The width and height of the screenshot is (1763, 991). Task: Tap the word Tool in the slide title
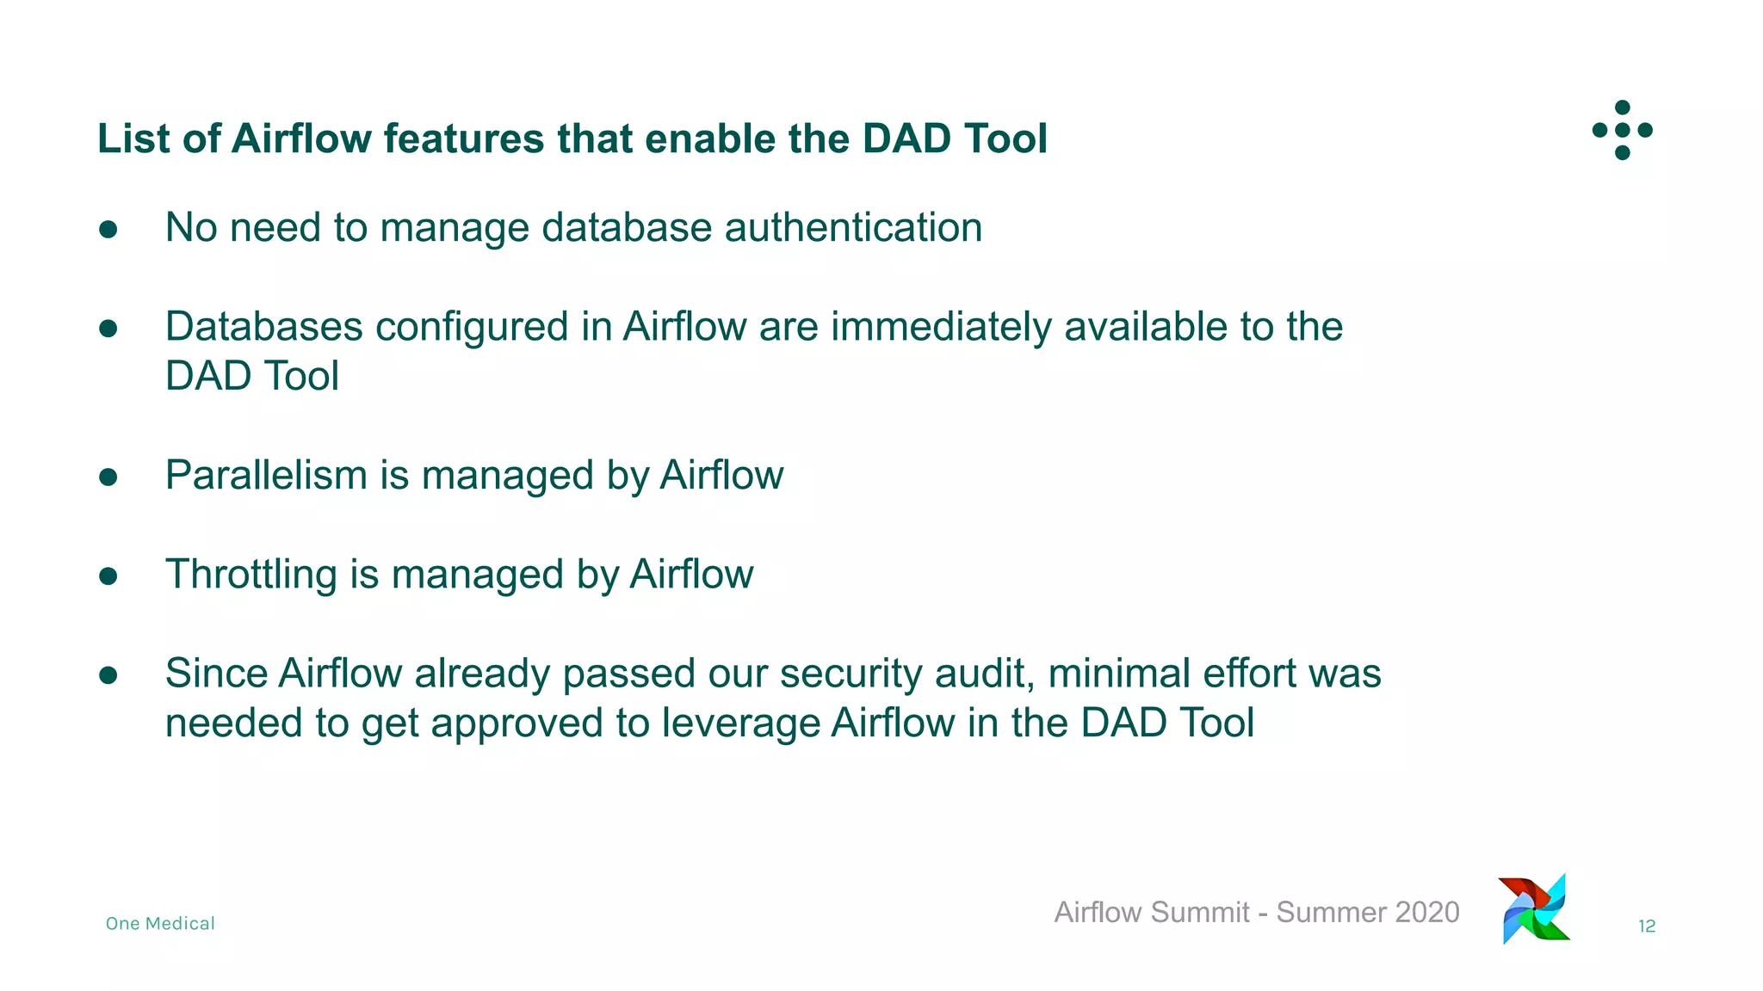point(1005,138)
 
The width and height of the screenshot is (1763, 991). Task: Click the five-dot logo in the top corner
point(1622,130)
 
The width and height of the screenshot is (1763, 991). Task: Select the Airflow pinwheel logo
point(1535,909)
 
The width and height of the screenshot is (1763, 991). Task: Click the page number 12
point(1646,926)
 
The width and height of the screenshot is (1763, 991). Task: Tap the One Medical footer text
point(160,923)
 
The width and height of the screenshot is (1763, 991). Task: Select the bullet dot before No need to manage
point(108,229)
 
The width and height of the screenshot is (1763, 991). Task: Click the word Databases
point(263,327)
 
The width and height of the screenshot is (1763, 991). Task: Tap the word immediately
point(940,327)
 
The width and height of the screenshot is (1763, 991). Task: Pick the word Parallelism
point(265,475)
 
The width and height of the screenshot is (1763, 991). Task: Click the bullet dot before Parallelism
point(108,477)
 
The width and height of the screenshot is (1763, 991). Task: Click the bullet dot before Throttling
point(108,576)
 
